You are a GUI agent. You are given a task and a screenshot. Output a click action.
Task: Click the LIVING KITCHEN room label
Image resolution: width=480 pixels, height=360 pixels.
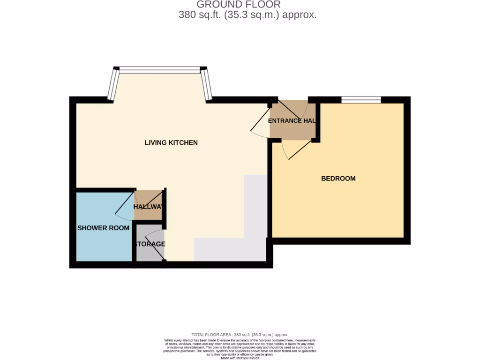tap(171, 142)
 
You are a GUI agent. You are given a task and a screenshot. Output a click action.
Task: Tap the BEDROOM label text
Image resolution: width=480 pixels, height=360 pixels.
tap(338, 179)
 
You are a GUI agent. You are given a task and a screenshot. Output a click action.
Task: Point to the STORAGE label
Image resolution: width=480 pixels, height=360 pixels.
tap(150, 244)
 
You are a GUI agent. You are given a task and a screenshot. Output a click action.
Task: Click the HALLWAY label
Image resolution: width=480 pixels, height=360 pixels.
tap(150, 207)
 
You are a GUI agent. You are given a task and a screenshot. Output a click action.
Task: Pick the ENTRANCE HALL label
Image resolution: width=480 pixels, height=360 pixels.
tap(292, 121)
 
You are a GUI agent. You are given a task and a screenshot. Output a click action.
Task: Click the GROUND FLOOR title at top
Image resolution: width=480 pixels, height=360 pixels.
tap(238, 5)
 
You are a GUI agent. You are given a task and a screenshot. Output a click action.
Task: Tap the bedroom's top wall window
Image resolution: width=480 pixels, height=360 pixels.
tap(361, 99)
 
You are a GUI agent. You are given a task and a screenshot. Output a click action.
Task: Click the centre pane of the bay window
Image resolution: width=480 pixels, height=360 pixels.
tap(159, 70)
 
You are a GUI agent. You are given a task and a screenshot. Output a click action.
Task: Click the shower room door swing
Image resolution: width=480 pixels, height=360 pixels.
tap(124, 206)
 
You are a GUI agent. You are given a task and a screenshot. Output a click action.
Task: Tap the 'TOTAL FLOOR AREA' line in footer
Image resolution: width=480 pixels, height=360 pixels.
tap(240, 335)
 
